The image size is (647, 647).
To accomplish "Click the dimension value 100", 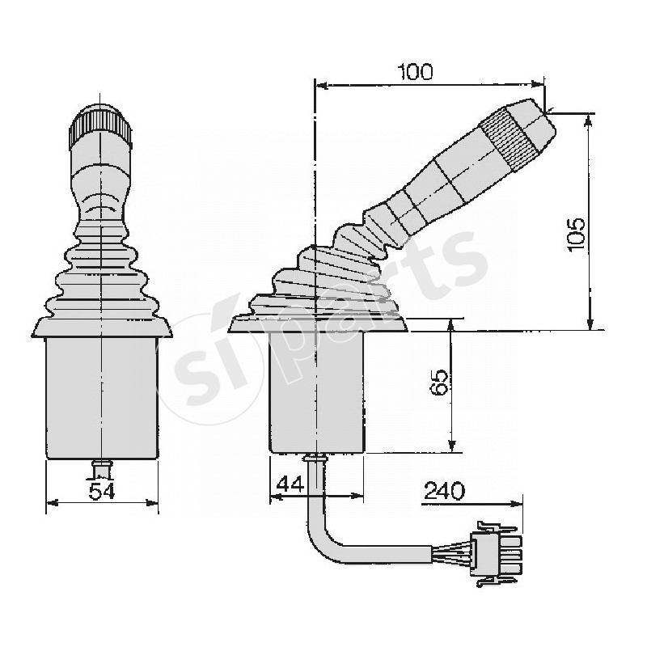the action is click(416, 72).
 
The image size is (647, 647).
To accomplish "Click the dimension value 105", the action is click(576, 234).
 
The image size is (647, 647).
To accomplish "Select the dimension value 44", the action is click(290, 483).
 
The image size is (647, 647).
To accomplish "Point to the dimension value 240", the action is click(444, 491).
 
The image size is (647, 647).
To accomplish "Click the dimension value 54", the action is click(102, 491).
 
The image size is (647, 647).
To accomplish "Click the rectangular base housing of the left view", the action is click(102, 397).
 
